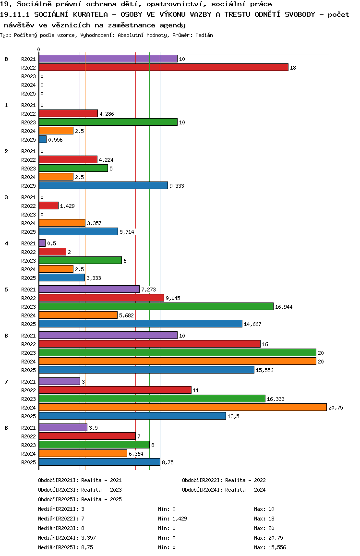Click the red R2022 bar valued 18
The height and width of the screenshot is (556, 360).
(163, 68)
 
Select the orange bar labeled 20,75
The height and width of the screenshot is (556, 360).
(182, 408)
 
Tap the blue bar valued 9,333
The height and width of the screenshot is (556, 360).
(103, 186)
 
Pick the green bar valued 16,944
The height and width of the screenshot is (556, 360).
(156, 307)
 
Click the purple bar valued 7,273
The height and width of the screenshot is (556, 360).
(89, 290)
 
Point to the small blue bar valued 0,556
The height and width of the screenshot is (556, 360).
(43, 140)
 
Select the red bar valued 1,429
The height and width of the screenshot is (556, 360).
(48, 206)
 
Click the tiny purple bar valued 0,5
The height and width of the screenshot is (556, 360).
(42, 243)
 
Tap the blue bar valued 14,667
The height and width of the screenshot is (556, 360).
(140, 324)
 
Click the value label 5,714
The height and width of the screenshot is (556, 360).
(127, 232)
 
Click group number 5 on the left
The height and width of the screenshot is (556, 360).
(6, 290)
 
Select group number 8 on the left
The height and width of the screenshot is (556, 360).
(6, 428)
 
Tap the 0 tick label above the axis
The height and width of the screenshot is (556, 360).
(39, 49)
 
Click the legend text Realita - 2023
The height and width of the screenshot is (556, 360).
(101, 490)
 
